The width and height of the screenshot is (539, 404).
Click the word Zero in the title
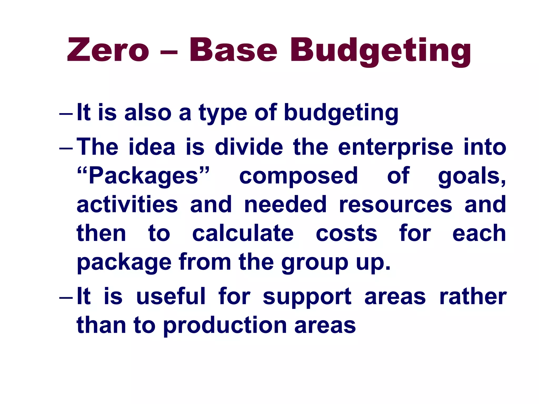click(x=108, y=50)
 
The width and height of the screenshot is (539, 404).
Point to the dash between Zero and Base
click(x=168, y=51)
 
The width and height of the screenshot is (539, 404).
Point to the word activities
click(x=127, y=205)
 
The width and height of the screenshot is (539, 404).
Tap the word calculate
click(x=243, y=234)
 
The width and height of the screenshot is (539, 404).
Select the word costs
click(x=346, y=234)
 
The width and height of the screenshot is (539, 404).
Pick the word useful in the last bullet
click(x=171, y=296)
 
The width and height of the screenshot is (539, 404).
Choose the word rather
click(x=473, y=296)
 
